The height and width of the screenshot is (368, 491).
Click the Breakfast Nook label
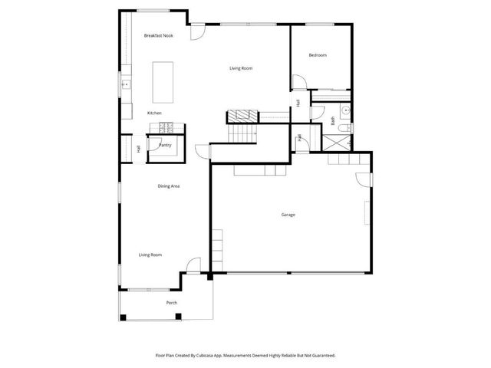(159, 35)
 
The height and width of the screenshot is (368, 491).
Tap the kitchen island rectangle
(163, 81)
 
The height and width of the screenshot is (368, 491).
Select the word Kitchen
(155, 113)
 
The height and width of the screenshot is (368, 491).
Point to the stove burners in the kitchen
(176, 127)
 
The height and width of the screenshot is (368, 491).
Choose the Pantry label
(165, 145)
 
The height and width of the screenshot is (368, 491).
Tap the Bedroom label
(318, 55)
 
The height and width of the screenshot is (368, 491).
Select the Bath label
(333, 120)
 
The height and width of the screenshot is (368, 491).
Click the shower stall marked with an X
(336, 142)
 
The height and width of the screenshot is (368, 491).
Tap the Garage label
(288, 215)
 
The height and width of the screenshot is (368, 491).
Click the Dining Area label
(169, 186)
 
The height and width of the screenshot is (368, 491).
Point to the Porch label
(172, 303)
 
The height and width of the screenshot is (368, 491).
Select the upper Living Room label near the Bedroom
(241, 69)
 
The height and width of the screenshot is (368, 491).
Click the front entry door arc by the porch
(194, 266)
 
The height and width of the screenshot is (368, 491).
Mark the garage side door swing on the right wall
(361, 180)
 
